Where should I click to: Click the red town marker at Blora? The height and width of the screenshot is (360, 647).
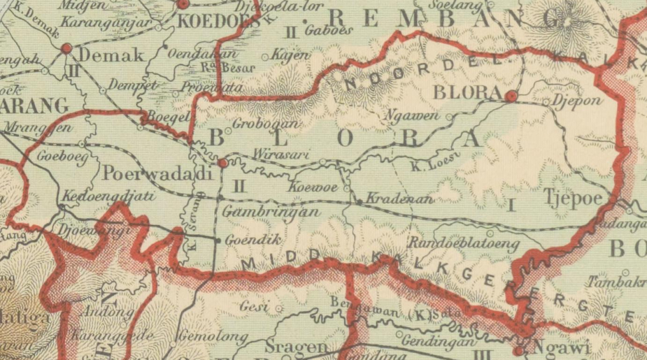[511, 96]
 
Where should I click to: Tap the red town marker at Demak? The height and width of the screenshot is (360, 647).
[67, 48]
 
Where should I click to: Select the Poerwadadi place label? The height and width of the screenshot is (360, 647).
[157, 174]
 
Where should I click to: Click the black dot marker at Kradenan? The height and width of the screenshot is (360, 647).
[360, 201]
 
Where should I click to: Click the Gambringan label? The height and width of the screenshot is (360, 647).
[272, 211]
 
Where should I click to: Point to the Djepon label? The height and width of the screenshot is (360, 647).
[576, 100]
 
